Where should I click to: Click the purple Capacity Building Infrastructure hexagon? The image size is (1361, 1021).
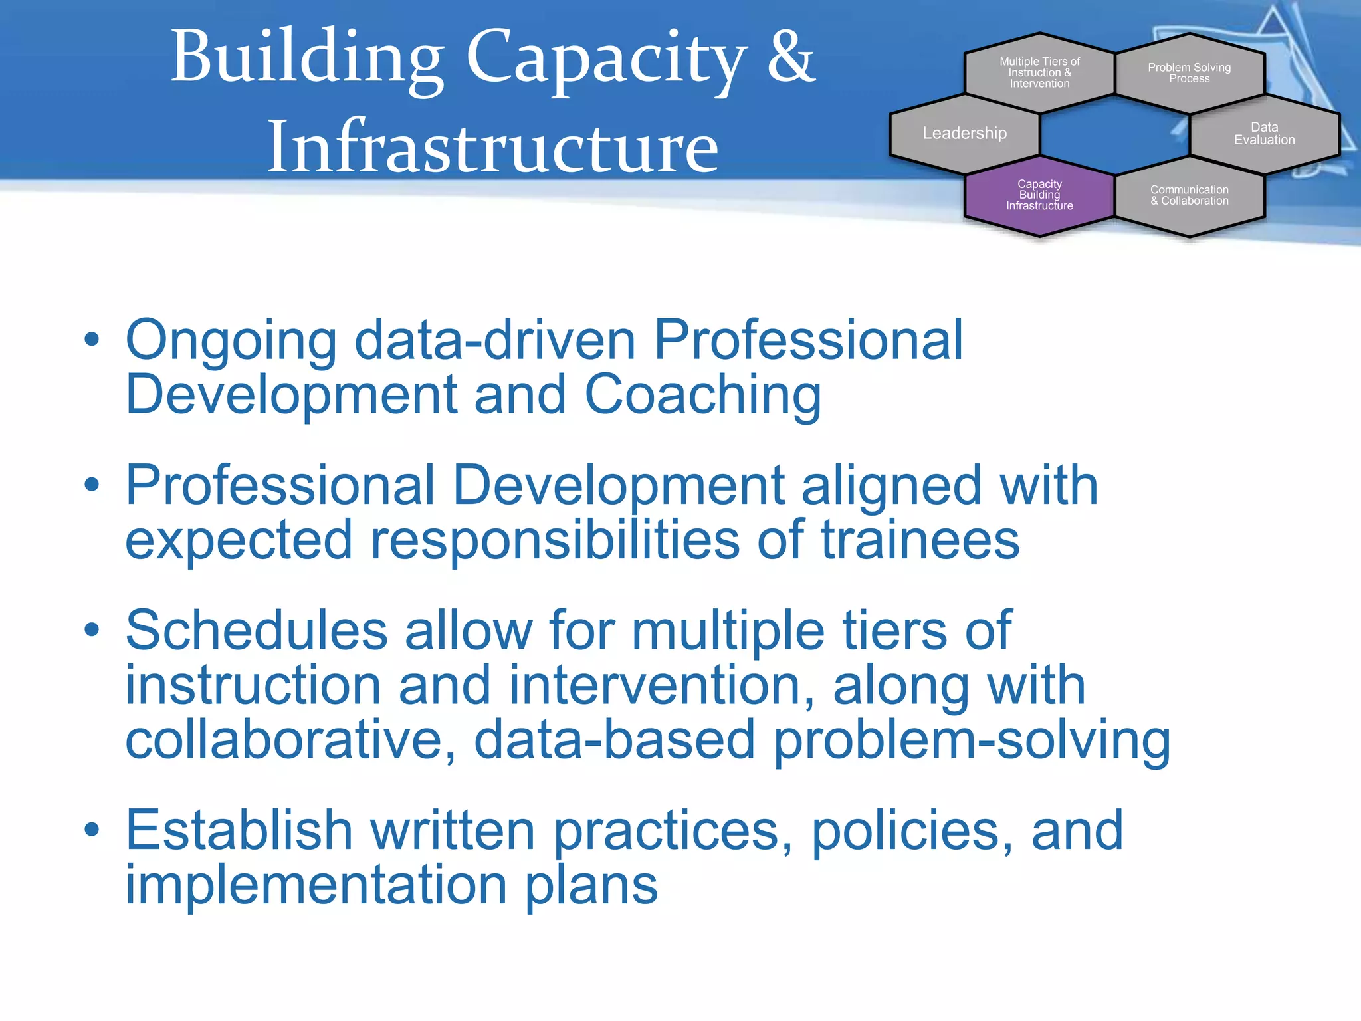coord(1039,195)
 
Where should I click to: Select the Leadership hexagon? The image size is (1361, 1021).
coord(964,134)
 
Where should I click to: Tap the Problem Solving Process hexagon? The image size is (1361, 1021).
coord(1189,73)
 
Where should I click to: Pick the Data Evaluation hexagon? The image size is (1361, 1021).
coord(1264,134)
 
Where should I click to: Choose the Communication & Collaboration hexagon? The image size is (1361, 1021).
coord(1189,195)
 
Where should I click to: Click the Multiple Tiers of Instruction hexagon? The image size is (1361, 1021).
coord(1039,72)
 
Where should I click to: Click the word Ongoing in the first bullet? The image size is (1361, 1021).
coord(231,341)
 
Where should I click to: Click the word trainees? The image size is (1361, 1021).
coord(920,540)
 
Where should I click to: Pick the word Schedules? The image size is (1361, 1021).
coord(257,630)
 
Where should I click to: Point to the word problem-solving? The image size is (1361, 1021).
coord(972,741)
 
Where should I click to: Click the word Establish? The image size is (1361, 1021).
coord(239,830)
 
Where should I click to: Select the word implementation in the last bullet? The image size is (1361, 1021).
coord(316,885)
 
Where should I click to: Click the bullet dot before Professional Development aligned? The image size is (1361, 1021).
coord(92,485)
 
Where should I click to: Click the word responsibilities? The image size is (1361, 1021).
coord(555,540)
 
